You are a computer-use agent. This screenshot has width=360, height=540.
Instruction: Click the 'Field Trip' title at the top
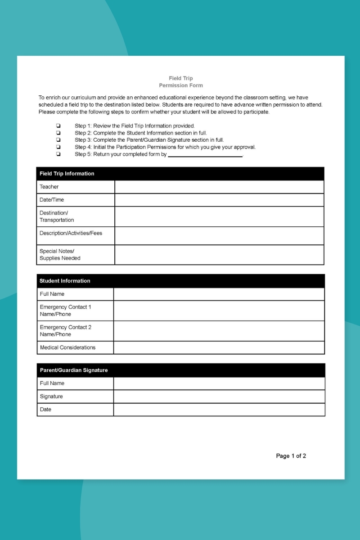180,78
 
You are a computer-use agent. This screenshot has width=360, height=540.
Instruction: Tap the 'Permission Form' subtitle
180,85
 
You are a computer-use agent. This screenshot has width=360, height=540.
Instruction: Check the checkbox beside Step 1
58,126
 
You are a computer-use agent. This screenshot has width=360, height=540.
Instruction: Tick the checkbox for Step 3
58,140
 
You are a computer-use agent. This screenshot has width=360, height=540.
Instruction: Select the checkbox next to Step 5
58,154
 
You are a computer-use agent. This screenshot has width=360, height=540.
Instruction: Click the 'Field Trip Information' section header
67,174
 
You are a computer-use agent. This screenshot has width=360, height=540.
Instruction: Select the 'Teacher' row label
49,187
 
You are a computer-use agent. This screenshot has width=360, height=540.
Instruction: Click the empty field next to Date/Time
219,200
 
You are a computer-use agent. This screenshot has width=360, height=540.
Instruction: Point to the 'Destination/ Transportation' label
57,216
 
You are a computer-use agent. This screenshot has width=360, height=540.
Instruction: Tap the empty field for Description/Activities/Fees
219,236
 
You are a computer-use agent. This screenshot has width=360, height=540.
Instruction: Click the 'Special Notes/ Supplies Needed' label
60,255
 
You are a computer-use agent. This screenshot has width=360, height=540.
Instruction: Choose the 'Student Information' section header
65,281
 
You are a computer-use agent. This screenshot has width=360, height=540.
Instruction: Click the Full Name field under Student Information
219,294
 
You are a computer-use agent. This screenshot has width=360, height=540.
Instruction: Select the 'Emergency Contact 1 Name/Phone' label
65,310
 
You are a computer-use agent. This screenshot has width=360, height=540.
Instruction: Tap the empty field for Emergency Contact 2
219,331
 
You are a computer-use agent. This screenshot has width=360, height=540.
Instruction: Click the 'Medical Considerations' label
67,347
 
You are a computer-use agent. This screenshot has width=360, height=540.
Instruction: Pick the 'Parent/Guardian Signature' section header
74,370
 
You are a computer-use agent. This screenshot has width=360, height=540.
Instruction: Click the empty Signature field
219,396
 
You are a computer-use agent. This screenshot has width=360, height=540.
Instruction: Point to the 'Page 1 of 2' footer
291,456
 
